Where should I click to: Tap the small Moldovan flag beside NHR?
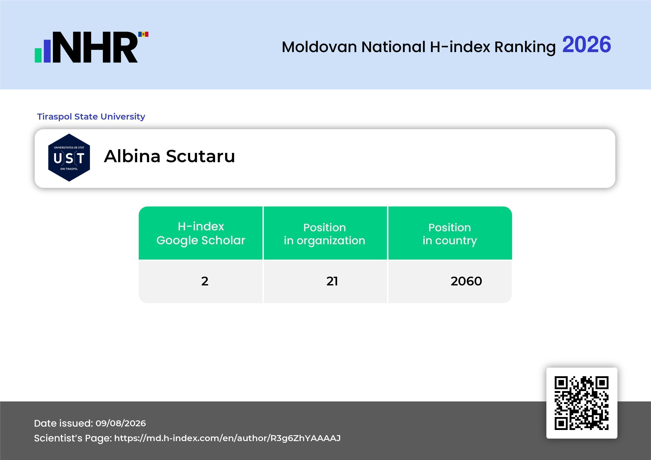(143, 34)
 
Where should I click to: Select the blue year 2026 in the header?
(587, 44)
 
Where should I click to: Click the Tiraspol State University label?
(91, 116)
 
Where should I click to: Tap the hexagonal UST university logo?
(69, 158)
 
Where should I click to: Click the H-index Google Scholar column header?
(201, 233)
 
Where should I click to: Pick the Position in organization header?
(325, 234)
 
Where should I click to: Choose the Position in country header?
(450, 234)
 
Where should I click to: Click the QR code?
(582, 403)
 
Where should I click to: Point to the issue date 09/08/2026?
(121, 423)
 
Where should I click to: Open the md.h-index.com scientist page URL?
(227, 438)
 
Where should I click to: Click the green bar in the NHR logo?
(38, 55)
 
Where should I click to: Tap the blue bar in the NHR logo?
(47, 51)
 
